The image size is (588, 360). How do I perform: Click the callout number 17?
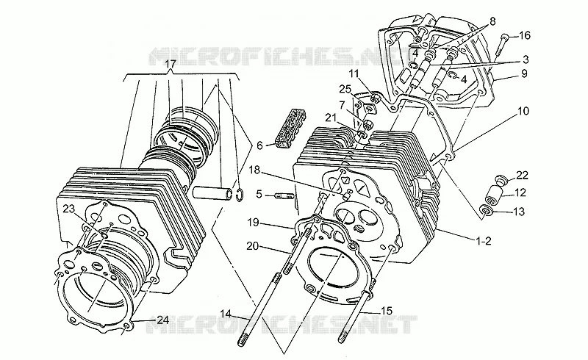tap(171, 64)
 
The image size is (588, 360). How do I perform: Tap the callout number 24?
tap(162, 320)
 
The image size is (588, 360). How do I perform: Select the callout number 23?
tap(69, 209)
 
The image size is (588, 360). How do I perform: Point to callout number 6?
tap(259, 145)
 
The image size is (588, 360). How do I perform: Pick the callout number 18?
tap(254, 170)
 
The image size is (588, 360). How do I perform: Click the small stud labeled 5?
tap(284, 195)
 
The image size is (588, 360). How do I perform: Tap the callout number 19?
tap(253, 223)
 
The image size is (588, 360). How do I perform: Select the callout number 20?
tap(252, 246)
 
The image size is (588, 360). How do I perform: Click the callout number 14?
tap(226, 313)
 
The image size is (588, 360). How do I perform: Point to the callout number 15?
tap(387, 311)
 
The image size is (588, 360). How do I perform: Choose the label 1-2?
tap(483, 241)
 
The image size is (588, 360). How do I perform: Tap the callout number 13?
tap(519, 212)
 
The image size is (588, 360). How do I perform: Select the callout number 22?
tap(522, 175)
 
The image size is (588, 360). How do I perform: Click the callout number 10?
tap(523, 112)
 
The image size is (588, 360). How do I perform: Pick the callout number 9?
tap(524, 73)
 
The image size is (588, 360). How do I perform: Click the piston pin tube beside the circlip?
tap(212, 192)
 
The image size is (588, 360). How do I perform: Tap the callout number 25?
tap(345, 89)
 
